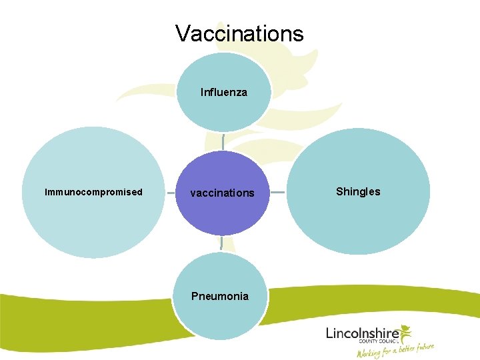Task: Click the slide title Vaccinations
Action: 239,33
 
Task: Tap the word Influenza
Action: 223,93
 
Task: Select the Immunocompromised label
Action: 93,192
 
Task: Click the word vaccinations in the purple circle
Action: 222,193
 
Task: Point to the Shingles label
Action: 358,192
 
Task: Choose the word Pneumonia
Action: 220,296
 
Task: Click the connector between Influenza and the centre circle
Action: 223,141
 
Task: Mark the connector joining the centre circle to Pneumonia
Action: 221,243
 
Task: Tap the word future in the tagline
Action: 423,347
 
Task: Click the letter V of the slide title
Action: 182,33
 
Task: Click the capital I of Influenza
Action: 202,93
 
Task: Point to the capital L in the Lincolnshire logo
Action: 329,332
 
